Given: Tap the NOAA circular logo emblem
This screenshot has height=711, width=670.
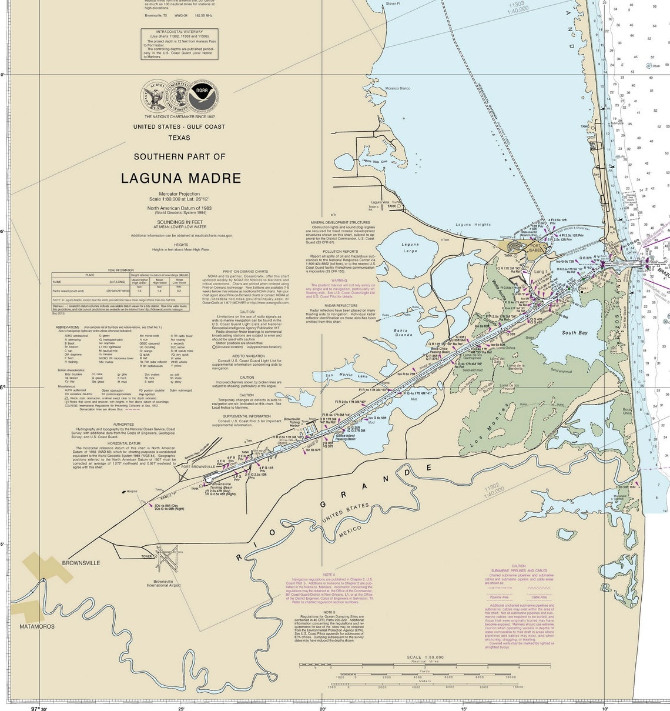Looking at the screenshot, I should point(202,92).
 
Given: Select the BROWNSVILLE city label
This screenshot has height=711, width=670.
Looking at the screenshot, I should point(81,563).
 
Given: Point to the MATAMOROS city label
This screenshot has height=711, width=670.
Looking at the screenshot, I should point(36,626).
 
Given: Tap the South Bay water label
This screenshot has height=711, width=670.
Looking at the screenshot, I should point(574,333).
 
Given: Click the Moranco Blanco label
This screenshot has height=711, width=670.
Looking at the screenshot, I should point(397,88).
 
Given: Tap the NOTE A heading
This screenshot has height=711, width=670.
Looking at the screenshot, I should point(329,574).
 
